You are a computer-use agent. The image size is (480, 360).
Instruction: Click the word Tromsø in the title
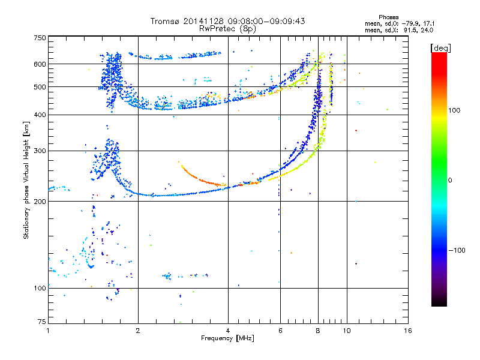pos(166,21)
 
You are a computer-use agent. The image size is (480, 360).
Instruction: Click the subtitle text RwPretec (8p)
pos(227,29)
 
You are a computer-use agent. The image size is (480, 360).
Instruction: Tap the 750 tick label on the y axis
pos(40,38)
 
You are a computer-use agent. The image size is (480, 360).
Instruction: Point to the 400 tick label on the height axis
pos(40,115)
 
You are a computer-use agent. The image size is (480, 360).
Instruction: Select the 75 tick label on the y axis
pos(42,322)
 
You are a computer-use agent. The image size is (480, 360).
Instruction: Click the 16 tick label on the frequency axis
pos(408,331)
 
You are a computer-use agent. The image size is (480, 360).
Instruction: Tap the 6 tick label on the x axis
pos(280,331)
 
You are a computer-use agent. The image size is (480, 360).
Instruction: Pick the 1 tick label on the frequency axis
pos(48,331)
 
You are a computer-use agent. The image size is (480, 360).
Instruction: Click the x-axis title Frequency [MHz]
pos(227,338)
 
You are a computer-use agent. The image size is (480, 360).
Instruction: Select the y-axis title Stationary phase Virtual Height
pos(26,181)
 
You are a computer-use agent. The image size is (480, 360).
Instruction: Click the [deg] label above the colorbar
pos(440,48)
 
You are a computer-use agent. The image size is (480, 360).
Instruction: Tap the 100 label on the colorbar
pos(454,110)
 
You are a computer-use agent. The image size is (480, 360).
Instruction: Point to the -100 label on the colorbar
pos(457,250)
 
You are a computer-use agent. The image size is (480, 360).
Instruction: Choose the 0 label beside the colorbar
pos(450,181)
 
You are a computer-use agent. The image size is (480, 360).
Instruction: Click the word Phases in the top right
pos(389,17)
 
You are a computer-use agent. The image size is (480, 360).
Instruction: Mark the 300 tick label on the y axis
pos(40,151)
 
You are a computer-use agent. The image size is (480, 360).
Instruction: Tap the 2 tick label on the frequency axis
pos(138,331)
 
